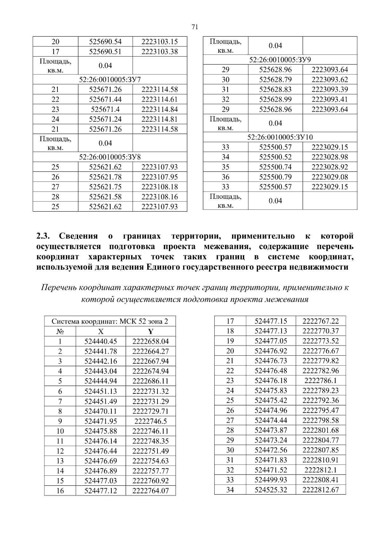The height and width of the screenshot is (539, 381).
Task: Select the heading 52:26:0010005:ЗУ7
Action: point(110,79)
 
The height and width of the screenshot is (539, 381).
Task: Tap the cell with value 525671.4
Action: point(105,109)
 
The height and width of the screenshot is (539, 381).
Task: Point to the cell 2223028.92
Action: point(330,167)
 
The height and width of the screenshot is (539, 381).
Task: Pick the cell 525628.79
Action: point(275,79)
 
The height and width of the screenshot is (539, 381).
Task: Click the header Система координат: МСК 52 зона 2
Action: point(110,321)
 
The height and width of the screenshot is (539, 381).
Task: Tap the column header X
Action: point(101,332)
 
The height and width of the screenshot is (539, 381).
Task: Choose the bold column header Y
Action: point(150,332)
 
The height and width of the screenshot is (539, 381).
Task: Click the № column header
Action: point(60,332)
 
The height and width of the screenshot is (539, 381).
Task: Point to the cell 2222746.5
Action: point(150,421)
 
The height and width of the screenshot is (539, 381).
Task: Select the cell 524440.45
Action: point(101,341)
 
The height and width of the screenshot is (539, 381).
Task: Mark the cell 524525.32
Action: point(271,490)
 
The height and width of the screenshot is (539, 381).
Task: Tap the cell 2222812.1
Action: point(320,470)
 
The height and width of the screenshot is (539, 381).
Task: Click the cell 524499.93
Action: point(271,480)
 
